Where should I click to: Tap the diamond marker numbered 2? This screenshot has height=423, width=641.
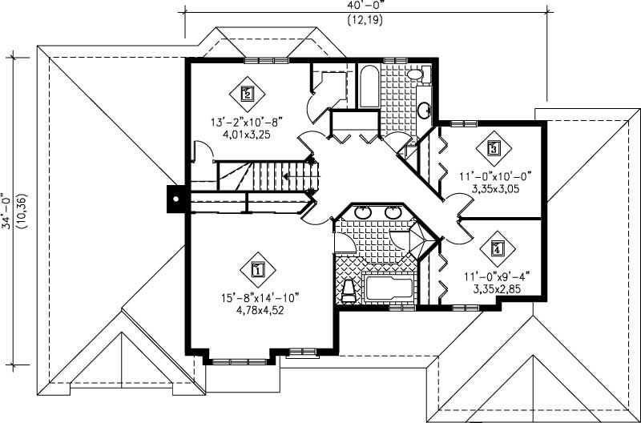point(247,94)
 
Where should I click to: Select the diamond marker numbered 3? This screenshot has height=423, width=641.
point(494,148)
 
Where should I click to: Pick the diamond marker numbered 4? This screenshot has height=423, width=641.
point(498,249)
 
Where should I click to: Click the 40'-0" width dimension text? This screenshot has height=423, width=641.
point(365,6)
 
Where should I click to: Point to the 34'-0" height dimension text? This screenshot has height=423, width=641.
point(7,211)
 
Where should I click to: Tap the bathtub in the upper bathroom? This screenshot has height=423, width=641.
point(369,88)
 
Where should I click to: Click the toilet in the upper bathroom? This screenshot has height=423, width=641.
point(414,75)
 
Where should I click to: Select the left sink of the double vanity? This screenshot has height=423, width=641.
point(362,213)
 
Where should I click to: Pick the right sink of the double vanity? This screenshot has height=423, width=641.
point(393,213)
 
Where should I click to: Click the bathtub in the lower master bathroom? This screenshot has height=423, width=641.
point(387,286)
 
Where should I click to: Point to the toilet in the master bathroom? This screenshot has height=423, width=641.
point(348,291)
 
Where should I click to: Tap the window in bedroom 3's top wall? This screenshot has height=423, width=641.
point(462,123)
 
